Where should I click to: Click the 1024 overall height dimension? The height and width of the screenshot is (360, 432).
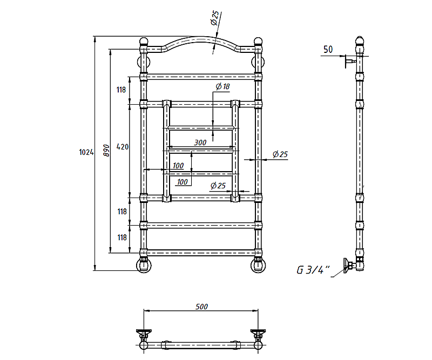click(x=86, y=152)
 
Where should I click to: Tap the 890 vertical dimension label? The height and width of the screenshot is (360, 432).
click(x=106, y=151)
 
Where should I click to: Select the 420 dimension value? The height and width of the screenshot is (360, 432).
click(x=123, y=147)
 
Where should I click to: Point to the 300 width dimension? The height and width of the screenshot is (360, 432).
click(x=200, y=142)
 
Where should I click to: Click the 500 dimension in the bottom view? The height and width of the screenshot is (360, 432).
click(x=201, y=307)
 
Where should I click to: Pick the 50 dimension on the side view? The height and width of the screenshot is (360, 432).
click(x=328, y=50)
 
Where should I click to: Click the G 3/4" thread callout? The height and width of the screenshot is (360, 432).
click(x=313, y=270)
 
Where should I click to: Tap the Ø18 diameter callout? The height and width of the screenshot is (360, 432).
click(x=222, y=86)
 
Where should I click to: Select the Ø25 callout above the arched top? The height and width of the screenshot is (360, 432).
click(x=215, y=18)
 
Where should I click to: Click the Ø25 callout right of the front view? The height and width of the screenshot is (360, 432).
click(x=280, y=154)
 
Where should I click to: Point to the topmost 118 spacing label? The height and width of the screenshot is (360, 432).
click(x=121, y=90)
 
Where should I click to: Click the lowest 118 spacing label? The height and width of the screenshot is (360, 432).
click(x=122, y=237)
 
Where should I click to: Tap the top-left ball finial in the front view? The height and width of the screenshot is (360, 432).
click(x=144, y=42)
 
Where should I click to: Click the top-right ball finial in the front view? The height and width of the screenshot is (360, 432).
click(x=258, y=42)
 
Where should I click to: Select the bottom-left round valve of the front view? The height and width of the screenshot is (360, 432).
click(x=144, y=266)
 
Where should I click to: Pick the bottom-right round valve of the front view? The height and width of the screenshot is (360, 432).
click(x=258, y=266)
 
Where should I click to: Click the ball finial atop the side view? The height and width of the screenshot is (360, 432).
click(x=359, y=40)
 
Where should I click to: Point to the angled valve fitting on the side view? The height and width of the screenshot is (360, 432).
click(x=350, y=265)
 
